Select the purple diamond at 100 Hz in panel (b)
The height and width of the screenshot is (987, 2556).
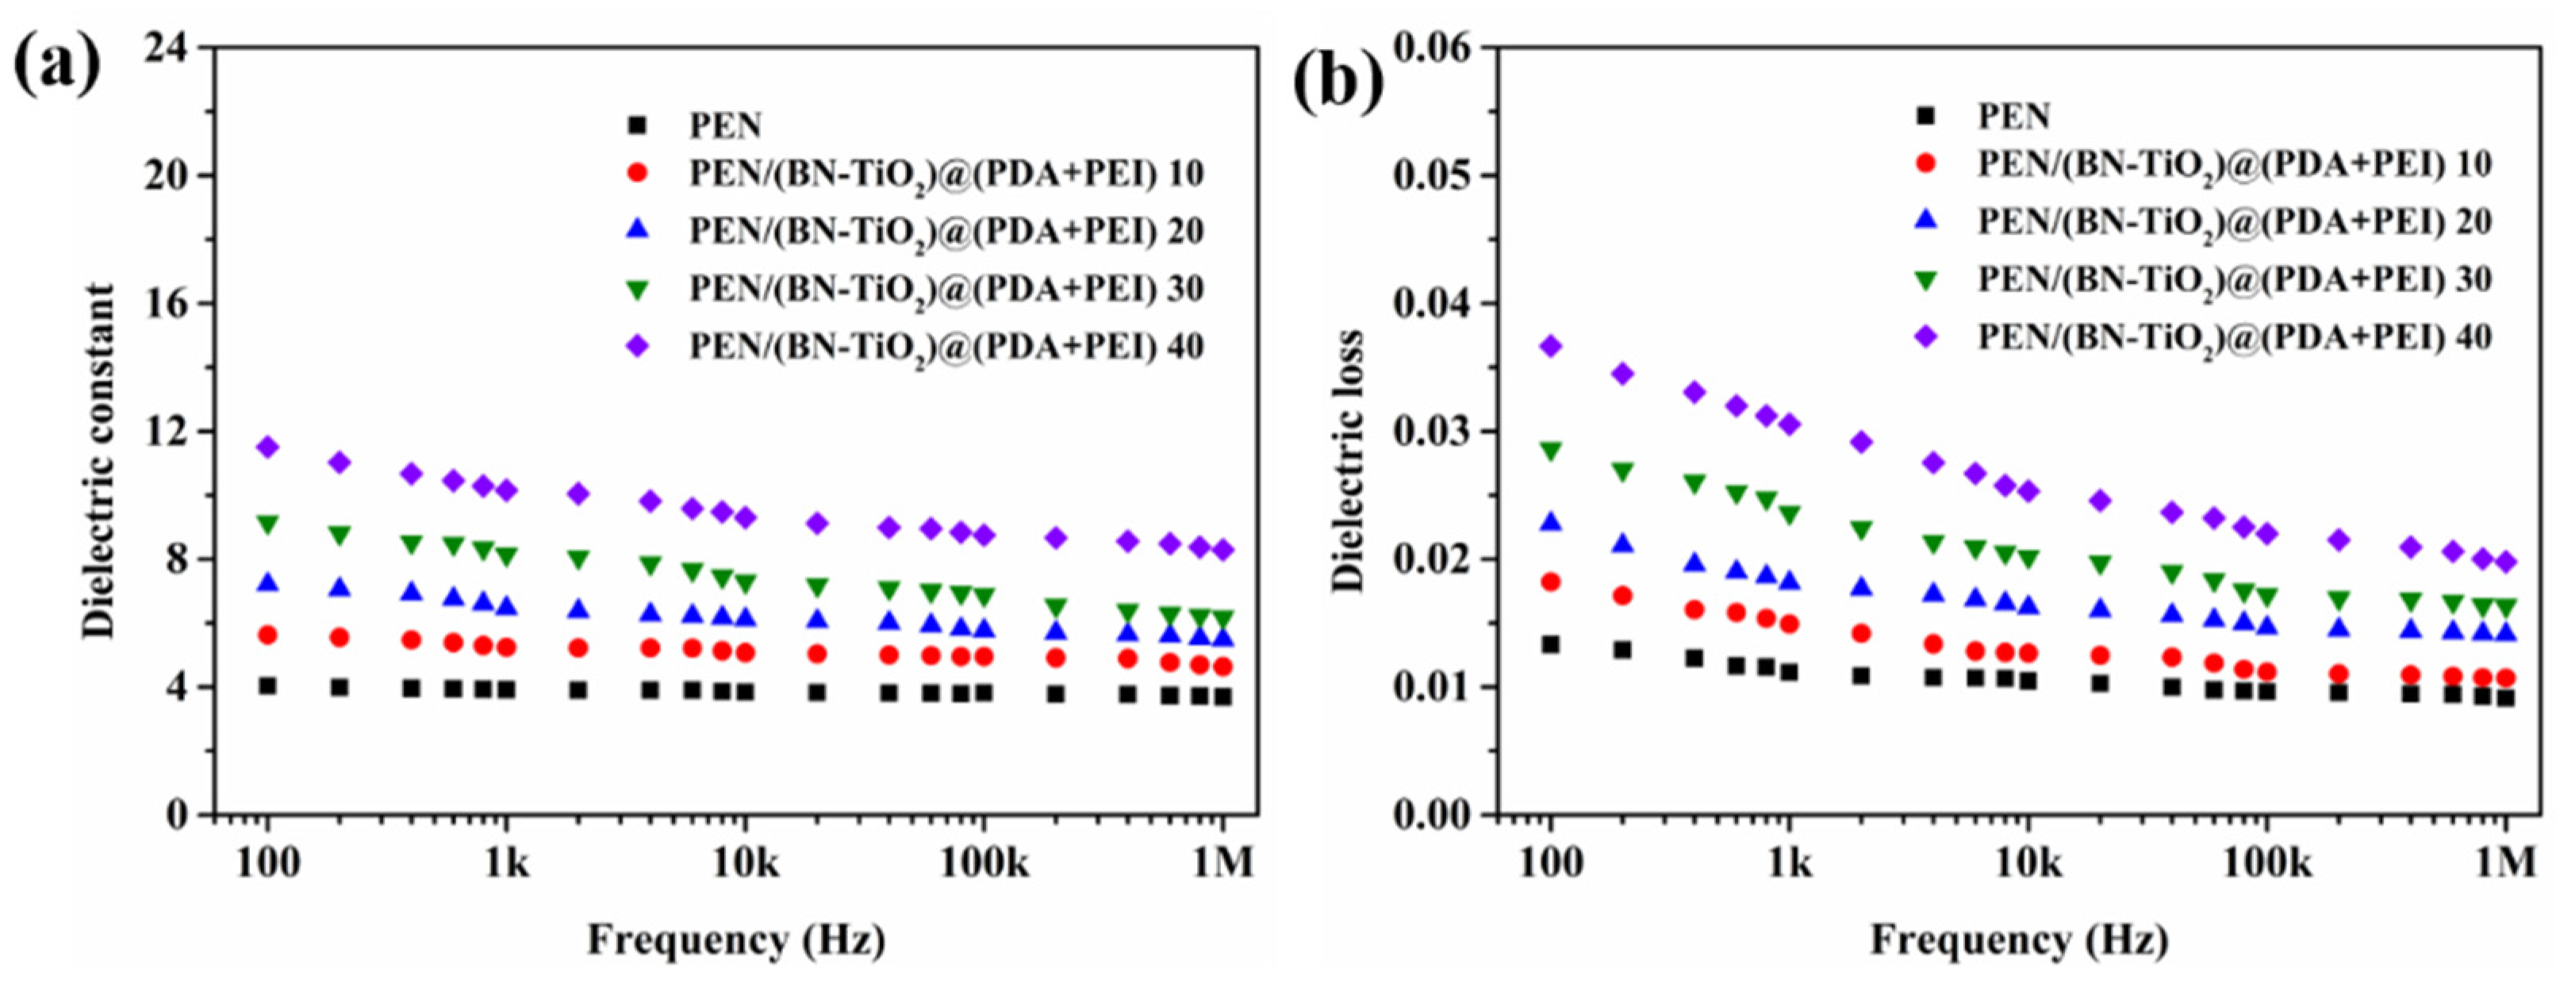[x=1551, y=346]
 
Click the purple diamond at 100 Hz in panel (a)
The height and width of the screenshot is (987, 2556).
[x=268, y=447]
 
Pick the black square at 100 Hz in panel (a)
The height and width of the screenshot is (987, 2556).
[x=268, y=686]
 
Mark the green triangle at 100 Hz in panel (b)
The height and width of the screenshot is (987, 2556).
[x=1551, y=452]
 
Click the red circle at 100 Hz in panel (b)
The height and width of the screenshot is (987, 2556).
[x=1551, y=582]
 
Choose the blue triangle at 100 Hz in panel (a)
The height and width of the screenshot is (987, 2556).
[x=268, y=582]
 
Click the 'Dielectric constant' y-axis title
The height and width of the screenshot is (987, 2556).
[x=98, y=460]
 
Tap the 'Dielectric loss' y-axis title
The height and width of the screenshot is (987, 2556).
[x=1348, y=460]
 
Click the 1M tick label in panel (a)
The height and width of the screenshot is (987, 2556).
[x=1222, y=864]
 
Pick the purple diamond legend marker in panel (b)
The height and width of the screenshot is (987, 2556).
[x=1926, y=337]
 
